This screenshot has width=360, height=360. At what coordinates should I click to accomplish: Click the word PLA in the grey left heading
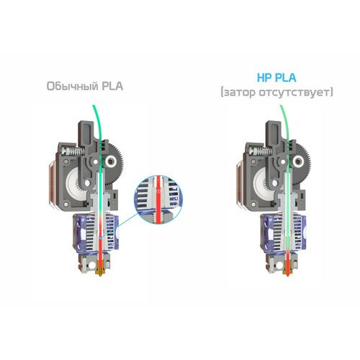(x=112, y=86)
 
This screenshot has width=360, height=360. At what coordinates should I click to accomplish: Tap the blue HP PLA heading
(x=276, y=78)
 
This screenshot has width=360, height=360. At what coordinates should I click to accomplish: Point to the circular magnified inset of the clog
(x=158, y=199)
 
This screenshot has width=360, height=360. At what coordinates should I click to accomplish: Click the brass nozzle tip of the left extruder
(x=99, y=273)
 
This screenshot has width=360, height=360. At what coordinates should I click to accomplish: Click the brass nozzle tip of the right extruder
(x=287, y=273)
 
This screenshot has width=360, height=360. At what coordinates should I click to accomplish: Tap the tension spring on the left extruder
(x=78, y=151)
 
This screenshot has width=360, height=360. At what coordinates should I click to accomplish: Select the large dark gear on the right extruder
(x=302, y=163)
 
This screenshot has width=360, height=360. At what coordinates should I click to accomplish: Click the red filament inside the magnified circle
(x=158, y=199)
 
